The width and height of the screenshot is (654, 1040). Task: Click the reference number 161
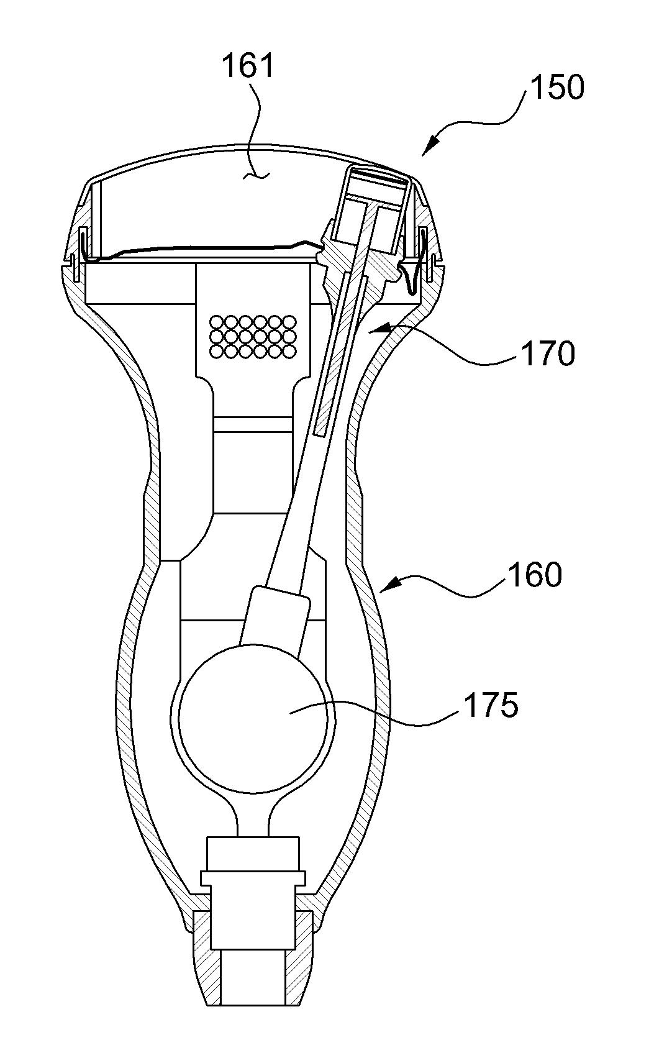(x=248, y=66)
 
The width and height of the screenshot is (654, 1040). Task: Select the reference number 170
(x=548, y=354)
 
